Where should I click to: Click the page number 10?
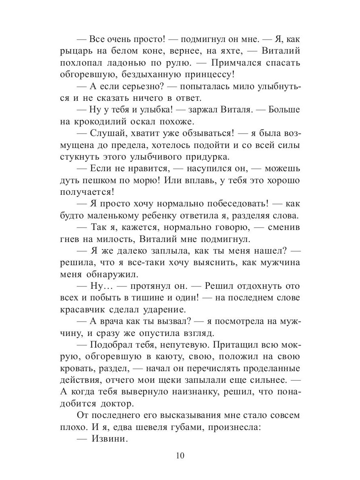tap(180, 456)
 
